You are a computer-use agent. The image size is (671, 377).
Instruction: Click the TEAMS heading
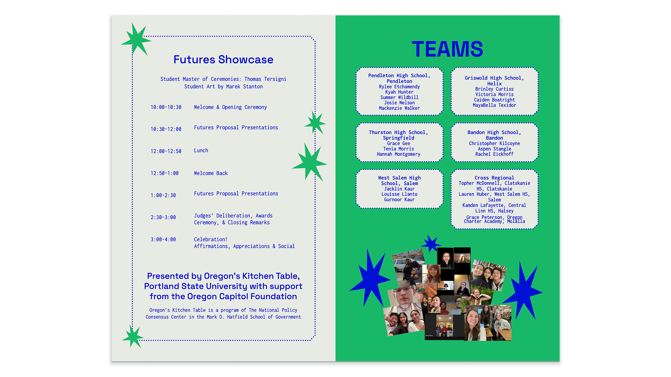click(447, 49)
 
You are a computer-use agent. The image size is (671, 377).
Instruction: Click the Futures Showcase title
click(223, 60)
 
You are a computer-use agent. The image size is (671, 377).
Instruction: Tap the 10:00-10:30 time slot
click(166, 108)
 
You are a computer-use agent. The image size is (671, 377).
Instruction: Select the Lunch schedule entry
click(201, 150)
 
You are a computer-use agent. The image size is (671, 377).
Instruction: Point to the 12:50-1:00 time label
click(165, 173)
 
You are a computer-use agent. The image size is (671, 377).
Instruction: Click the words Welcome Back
click(211, 173)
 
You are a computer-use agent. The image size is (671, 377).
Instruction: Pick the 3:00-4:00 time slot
click(163, 240)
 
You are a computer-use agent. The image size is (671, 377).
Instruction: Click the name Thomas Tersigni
click(265, 79)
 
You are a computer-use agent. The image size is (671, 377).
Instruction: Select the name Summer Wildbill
click(399, 97)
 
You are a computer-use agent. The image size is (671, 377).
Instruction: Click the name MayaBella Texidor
click(494, 105)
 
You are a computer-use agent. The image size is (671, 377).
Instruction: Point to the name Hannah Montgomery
click(398, 154)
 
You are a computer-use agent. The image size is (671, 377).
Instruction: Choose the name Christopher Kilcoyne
click(494, 143)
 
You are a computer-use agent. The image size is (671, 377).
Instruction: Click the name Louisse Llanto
click(399, 194)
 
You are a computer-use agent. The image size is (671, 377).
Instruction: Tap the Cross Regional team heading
click(494, 178)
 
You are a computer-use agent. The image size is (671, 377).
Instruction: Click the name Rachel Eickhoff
click(494, 154)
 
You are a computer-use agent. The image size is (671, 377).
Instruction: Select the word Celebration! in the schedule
click(211, 239)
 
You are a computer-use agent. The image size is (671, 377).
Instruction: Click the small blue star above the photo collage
click(431, 243)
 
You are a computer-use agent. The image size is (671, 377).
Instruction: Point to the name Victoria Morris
click(494, 95)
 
